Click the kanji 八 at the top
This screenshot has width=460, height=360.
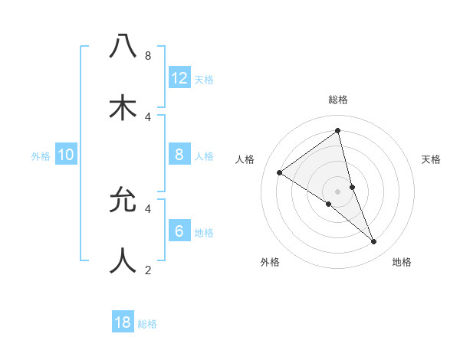pos(123,47)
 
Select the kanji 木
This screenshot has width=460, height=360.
pos(123,107)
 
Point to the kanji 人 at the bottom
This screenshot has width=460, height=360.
pos(123,260)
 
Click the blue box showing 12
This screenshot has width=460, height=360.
pos(179,77)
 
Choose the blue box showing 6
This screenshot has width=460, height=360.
pos(179,231)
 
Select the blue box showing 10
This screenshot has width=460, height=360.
pos(66,155)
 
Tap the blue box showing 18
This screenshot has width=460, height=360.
pos(123,322)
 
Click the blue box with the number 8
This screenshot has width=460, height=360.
pos(179,154)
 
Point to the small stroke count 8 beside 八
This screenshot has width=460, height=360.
pos(147,56)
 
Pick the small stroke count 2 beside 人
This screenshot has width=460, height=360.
pos(147,270)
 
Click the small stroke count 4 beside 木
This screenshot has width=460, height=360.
pos(147,116)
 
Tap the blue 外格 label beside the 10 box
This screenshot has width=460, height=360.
pos(41,156)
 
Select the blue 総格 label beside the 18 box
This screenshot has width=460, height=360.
pos(147,324)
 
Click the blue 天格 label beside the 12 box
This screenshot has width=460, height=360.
pos(204,80)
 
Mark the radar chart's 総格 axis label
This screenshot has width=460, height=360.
pos(337,100)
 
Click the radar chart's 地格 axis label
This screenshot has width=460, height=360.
pos(402,262)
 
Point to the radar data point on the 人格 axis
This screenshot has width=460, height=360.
pos(279,172)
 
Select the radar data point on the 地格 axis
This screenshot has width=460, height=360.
pos(374,242)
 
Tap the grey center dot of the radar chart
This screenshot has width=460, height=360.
pos(337,191)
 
